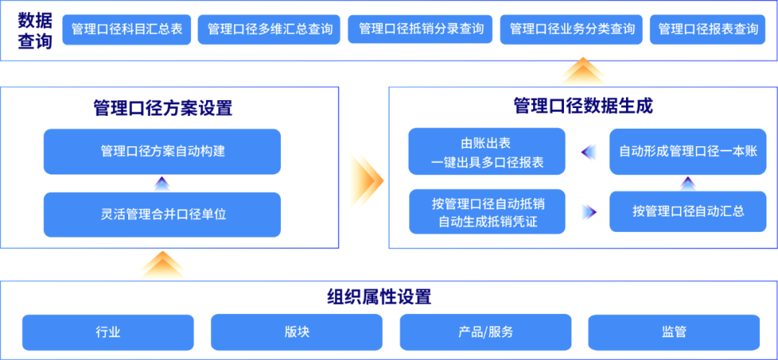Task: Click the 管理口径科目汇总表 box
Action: click(127, 30)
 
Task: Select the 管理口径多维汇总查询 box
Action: click(269, 30)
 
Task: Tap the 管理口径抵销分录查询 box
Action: click(421, 30)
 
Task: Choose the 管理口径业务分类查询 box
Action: click(572, 30)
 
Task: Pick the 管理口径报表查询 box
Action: click(707, 30)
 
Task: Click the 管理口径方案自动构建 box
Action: click(161, 151)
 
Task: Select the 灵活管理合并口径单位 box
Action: click(161, 215)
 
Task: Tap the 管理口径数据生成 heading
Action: click(583, 106)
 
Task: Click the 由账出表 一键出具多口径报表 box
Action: click(487, 153)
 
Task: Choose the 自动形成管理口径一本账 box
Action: click(687, 152)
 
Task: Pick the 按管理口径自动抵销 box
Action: click(487, 212)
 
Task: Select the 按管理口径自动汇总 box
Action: click(687, 212)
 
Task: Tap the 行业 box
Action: click(108, 333)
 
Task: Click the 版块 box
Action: click(296, 333)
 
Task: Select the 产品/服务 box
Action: click(486, 333)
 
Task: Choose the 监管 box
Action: click(673, 333)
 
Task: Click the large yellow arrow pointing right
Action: click(365, 180)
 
